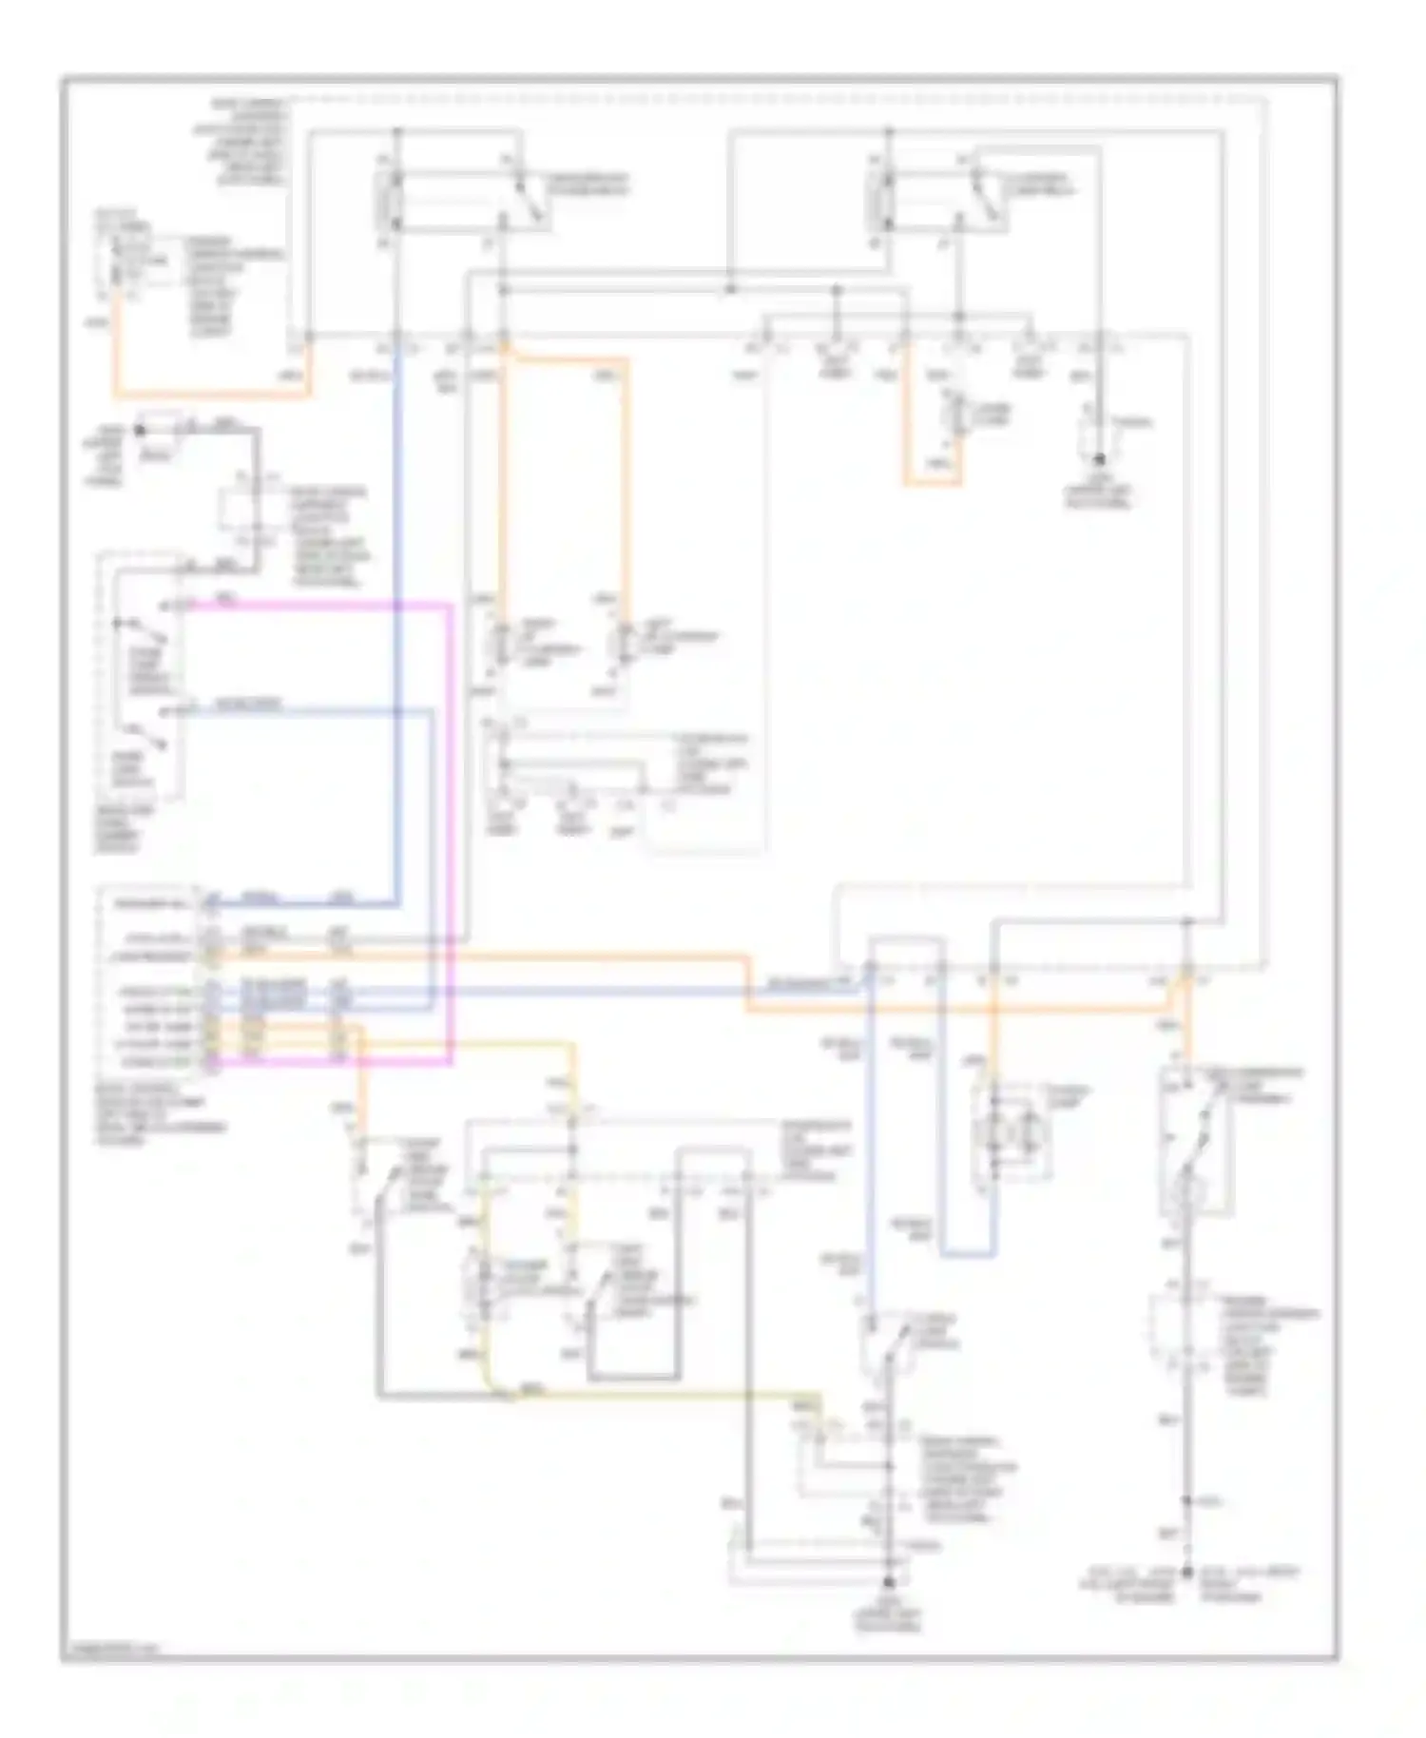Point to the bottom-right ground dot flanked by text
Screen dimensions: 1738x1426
click(x=1187, y=1573)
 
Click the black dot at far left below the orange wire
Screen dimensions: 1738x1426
click(x=141, y=431)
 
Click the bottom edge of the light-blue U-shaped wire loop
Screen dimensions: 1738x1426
click(x=968, y=1255)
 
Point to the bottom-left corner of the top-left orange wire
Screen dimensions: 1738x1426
click(x=117, y=395)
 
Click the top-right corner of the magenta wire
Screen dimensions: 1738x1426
click(x=451, y=605)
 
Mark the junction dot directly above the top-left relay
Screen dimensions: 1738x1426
click(x=397, y=131)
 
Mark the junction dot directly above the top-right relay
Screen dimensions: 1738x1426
click(x=888, y=131)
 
